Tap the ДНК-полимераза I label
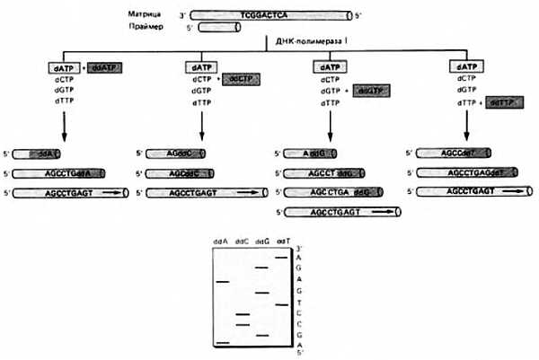306,43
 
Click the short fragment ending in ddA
39,154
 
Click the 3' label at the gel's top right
299,248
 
